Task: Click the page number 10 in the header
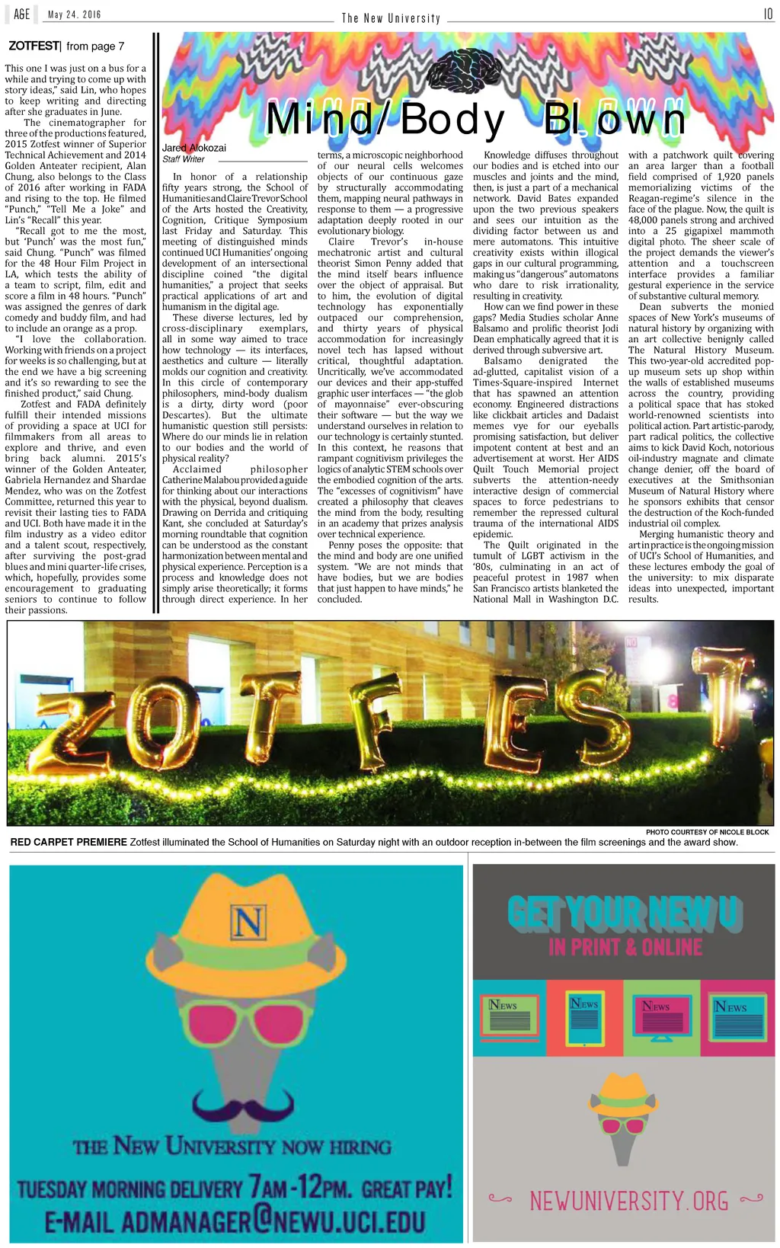768,14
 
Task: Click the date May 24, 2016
74,14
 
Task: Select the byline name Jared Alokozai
194,148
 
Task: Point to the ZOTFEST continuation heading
34,46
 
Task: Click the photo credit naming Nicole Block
707,832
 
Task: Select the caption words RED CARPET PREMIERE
69,842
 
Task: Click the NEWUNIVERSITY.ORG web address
628,1202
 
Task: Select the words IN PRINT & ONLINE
625,947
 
